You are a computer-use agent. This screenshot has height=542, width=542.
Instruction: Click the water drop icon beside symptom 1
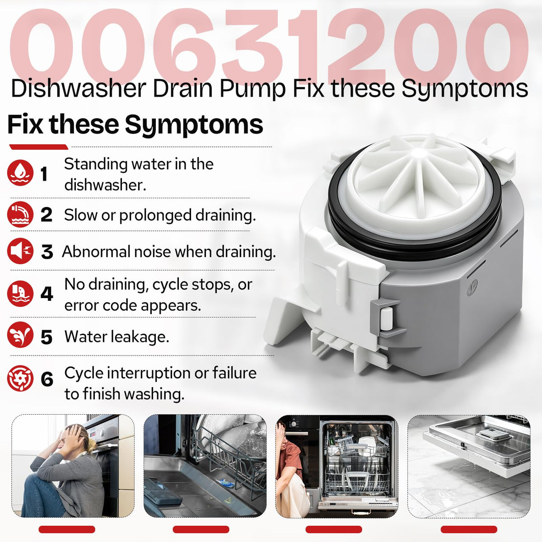20,173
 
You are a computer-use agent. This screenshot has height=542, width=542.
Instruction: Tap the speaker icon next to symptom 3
20,251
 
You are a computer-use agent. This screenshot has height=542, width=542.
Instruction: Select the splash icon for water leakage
20,335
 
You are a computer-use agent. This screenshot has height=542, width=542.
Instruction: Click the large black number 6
47,379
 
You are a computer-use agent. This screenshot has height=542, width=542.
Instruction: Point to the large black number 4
47,294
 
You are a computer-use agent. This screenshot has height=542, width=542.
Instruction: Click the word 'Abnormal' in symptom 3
96,252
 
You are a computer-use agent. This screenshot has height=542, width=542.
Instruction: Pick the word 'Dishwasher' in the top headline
79,89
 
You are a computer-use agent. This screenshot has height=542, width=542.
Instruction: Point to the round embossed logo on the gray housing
472,287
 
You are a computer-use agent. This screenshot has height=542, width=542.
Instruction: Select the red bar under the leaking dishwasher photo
469,529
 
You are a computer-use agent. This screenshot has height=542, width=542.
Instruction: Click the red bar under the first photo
67,529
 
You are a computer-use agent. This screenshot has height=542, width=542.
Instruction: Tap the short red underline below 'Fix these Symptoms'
38,147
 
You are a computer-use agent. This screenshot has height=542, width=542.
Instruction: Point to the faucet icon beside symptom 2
20,215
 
